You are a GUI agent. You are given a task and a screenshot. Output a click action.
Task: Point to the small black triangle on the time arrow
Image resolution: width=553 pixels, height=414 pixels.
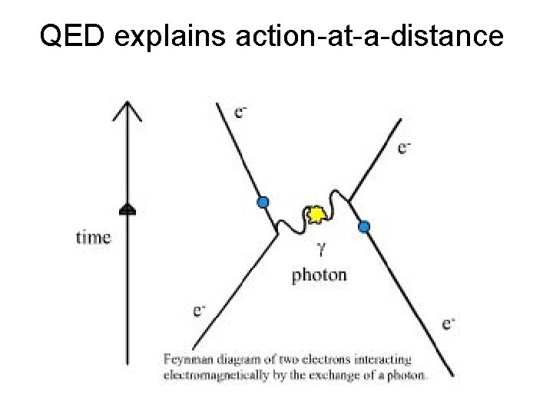pos(127,208)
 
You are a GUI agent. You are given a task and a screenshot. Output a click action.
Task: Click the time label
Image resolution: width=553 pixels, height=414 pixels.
pos(93,237)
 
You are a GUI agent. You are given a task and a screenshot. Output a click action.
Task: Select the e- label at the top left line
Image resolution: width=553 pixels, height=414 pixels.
pos(240,113)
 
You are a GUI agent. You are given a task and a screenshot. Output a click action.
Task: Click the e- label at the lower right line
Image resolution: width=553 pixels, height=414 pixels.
pos(449,324)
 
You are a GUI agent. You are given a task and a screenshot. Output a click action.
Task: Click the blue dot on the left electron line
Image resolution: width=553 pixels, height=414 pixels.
pos(263,202)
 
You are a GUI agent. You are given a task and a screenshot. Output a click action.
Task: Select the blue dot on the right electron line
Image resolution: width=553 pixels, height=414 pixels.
pos(364,226)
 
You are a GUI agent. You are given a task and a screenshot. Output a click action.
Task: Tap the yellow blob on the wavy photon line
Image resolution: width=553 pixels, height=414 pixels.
pos(314,215)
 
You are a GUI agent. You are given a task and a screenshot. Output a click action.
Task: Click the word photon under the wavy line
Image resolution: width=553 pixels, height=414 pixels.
pos(320,275)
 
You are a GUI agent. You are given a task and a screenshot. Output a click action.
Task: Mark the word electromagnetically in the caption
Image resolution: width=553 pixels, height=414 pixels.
pos(210,375)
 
